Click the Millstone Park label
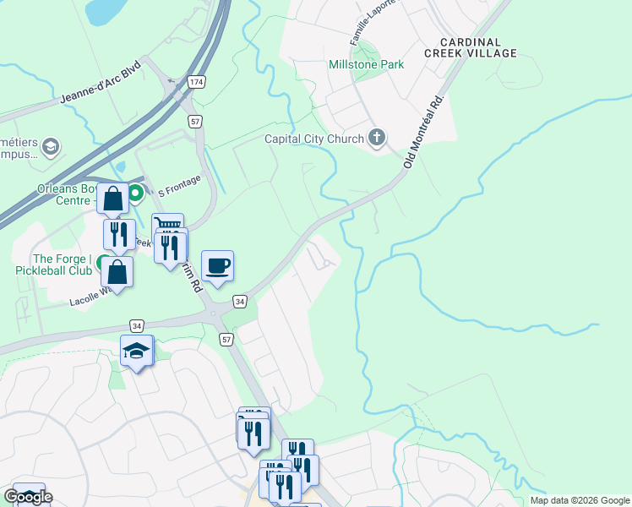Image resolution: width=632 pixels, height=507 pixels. point(366,64)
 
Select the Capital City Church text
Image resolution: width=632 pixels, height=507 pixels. point(314,139)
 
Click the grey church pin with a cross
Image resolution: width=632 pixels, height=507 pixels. point(378,138)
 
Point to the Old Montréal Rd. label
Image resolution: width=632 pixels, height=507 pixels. point(424,132)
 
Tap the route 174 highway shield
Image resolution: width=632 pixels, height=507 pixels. point(196,82)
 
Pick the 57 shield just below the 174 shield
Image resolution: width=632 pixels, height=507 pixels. point(194,122)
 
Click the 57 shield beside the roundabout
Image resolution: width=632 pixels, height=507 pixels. point(225,338)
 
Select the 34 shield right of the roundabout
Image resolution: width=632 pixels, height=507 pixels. point(240,301)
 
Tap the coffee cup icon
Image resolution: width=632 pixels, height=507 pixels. point(218,265)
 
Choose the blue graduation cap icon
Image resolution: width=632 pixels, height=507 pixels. point(137,350)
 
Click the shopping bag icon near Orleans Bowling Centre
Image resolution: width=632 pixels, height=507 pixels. point(113,199)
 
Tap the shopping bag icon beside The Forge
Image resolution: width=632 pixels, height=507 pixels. point(117,272)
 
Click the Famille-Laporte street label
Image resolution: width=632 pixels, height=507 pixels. point(372,25)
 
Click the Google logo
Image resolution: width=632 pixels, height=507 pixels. point(28,497)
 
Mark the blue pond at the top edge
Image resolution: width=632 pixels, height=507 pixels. point(106,10)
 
